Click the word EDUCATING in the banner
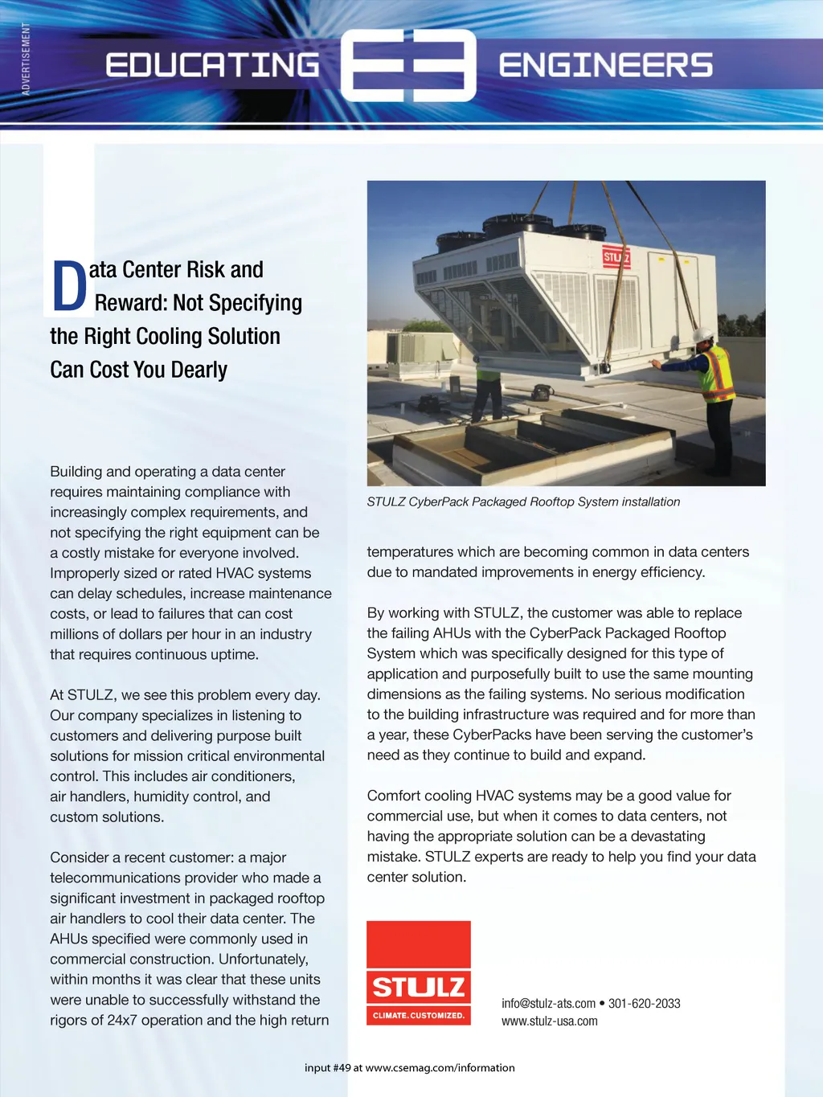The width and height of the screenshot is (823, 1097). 212,65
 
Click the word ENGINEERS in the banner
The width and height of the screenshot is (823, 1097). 605,65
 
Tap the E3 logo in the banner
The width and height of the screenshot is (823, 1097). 408,65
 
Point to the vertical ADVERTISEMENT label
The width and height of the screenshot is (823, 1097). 26,59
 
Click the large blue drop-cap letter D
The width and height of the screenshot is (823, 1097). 70,286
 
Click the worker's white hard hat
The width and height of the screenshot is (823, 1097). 703,334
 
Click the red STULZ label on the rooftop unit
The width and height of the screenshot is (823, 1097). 616,257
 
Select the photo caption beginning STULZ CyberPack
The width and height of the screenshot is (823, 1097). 523,501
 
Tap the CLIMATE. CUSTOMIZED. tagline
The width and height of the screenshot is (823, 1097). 418,1015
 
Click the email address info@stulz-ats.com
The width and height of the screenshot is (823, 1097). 548,1003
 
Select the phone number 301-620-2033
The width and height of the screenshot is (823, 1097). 644,1003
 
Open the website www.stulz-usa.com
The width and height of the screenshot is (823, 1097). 550,1021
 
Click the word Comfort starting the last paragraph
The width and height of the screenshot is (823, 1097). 396,796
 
